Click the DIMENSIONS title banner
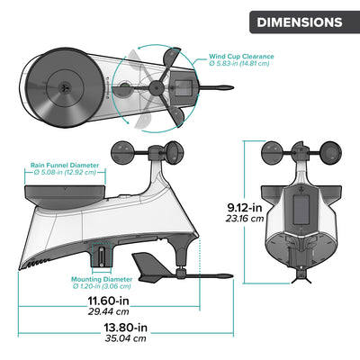(x=299, y=22)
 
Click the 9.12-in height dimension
(x=245, y=204)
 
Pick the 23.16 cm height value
(x=245, y=218)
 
